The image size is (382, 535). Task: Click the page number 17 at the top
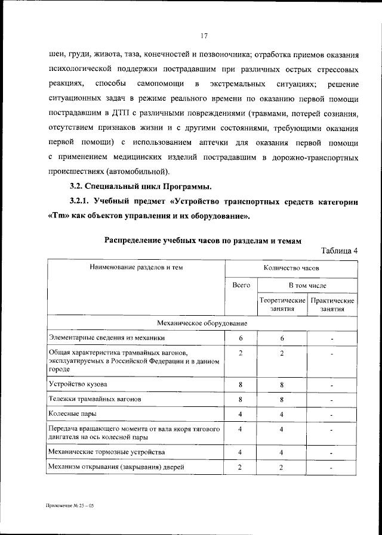(204, 36)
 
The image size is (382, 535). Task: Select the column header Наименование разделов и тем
(136, 267)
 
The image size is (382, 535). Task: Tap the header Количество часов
(291, 267)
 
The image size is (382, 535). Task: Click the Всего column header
(241, 286)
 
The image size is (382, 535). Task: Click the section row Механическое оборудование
(203, 323)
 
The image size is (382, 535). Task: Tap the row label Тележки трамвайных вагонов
(95, 399)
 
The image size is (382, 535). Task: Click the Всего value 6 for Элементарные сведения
(241, 338)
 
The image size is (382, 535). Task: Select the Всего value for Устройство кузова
(241, 384)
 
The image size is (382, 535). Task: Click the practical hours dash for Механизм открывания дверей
(332, 468)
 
